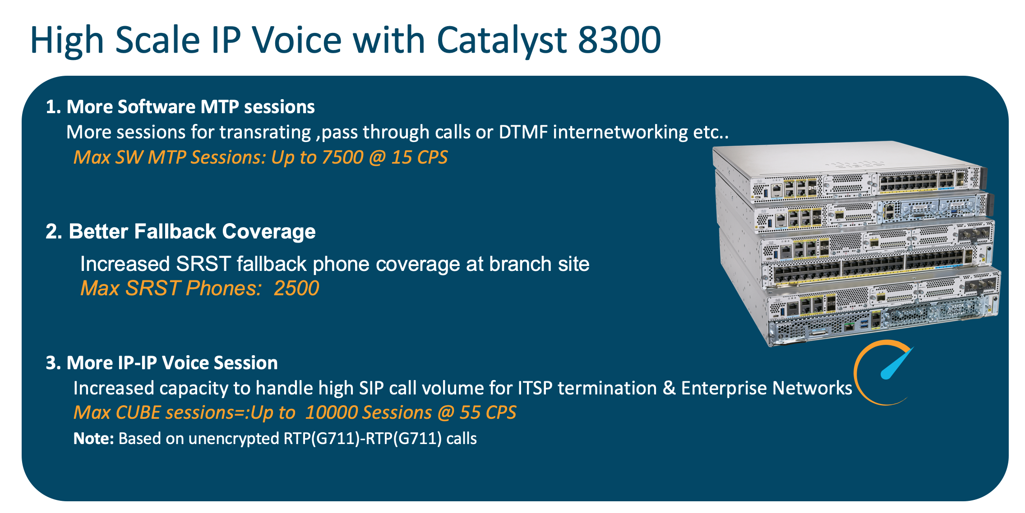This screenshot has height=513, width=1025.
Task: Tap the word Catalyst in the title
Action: (x=501, y=40)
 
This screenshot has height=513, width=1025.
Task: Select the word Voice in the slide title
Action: (x=297, y=40)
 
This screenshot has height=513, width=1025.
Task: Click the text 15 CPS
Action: (x=419, y=157)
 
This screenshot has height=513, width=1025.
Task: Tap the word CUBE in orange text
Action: (x=138, y=413)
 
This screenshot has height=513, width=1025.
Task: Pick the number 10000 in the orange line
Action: (x=331, y=413)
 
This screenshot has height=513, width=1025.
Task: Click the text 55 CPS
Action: (x=488, y=413)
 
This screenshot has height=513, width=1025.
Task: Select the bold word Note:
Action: (x=93, y=439)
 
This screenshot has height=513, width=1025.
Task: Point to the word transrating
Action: (x=265, y=132)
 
